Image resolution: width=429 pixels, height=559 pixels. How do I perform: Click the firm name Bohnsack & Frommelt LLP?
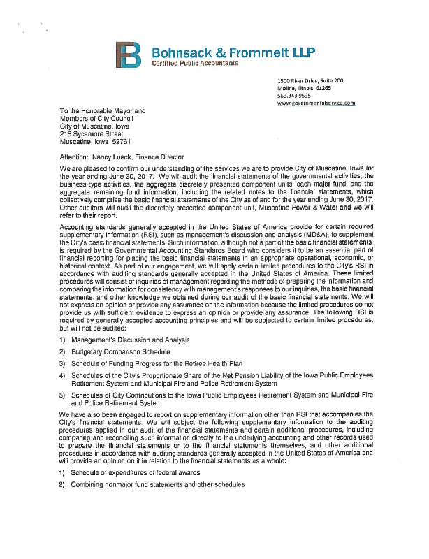(214, 51)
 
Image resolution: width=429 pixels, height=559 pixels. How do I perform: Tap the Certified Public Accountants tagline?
(195, 64)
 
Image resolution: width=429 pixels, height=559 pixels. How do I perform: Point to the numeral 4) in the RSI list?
(63, 375)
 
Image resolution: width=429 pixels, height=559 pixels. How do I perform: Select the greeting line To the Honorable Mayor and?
(102, 110)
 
